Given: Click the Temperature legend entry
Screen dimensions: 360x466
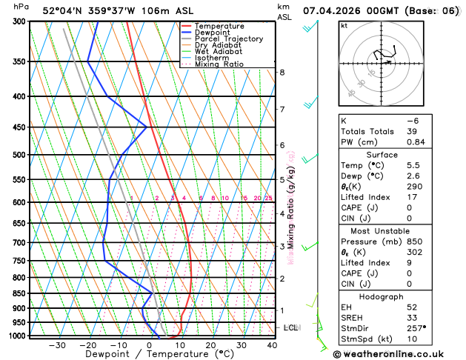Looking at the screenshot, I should [221, 26].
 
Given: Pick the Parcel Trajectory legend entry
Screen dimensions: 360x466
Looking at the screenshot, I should [229, 39].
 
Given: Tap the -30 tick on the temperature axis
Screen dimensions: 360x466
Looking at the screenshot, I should [56, 345].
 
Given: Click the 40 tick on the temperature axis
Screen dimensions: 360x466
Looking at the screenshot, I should [272, 345].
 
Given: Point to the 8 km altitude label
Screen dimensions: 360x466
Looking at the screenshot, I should [282, 72].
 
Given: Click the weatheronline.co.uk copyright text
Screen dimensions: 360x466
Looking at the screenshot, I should [399, 353].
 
